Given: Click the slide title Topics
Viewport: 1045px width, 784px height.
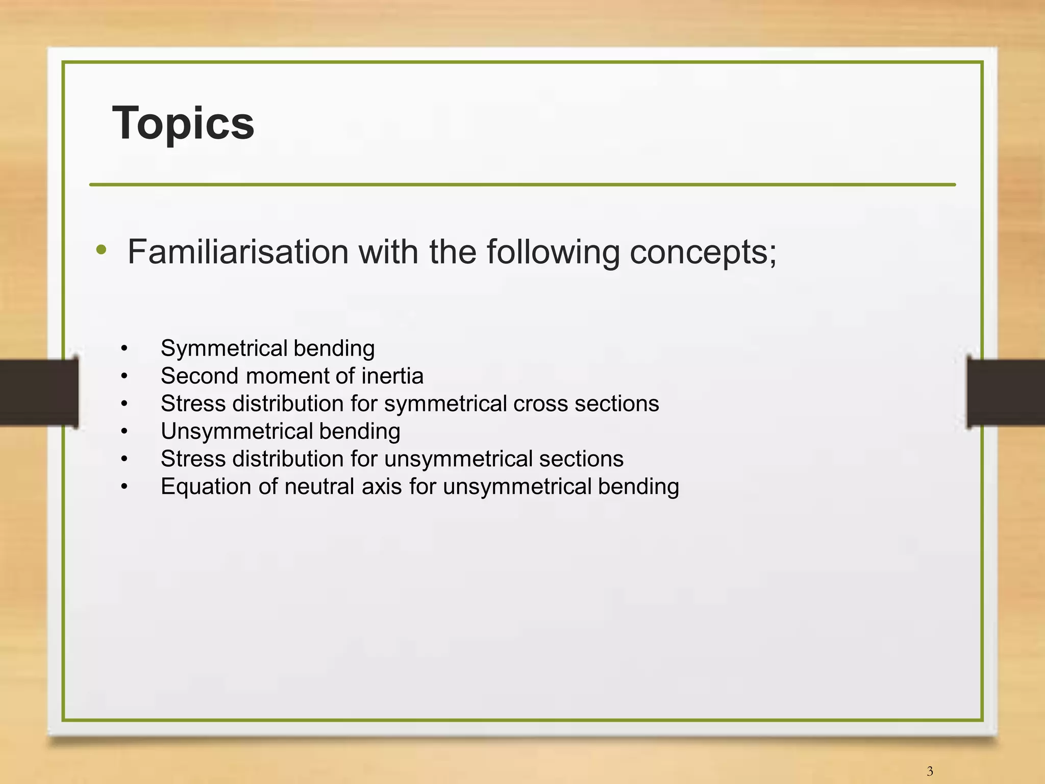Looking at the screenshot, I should [183, 123].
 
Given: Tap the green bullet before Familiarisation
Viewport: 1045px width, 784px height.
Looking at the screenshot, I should [102, 250].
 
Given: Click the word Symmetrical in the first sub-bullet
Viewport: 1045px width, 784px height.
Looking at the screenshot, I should [225, 349].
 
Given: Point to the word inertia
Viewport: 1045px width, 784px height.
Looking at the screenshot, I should [392, 376].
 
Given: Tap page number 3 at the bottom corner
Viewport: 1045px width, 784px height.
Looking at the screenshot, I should [930, 771].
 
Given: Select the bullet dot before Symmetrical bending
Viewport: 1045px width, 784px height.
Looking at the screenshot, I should [124, 349].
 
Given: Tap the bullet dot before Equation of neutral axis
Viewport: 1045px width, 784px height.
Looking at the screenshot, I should [124, 487].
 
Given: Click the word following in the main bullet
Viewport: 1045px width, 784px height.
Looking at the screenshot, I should [553, 252].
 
